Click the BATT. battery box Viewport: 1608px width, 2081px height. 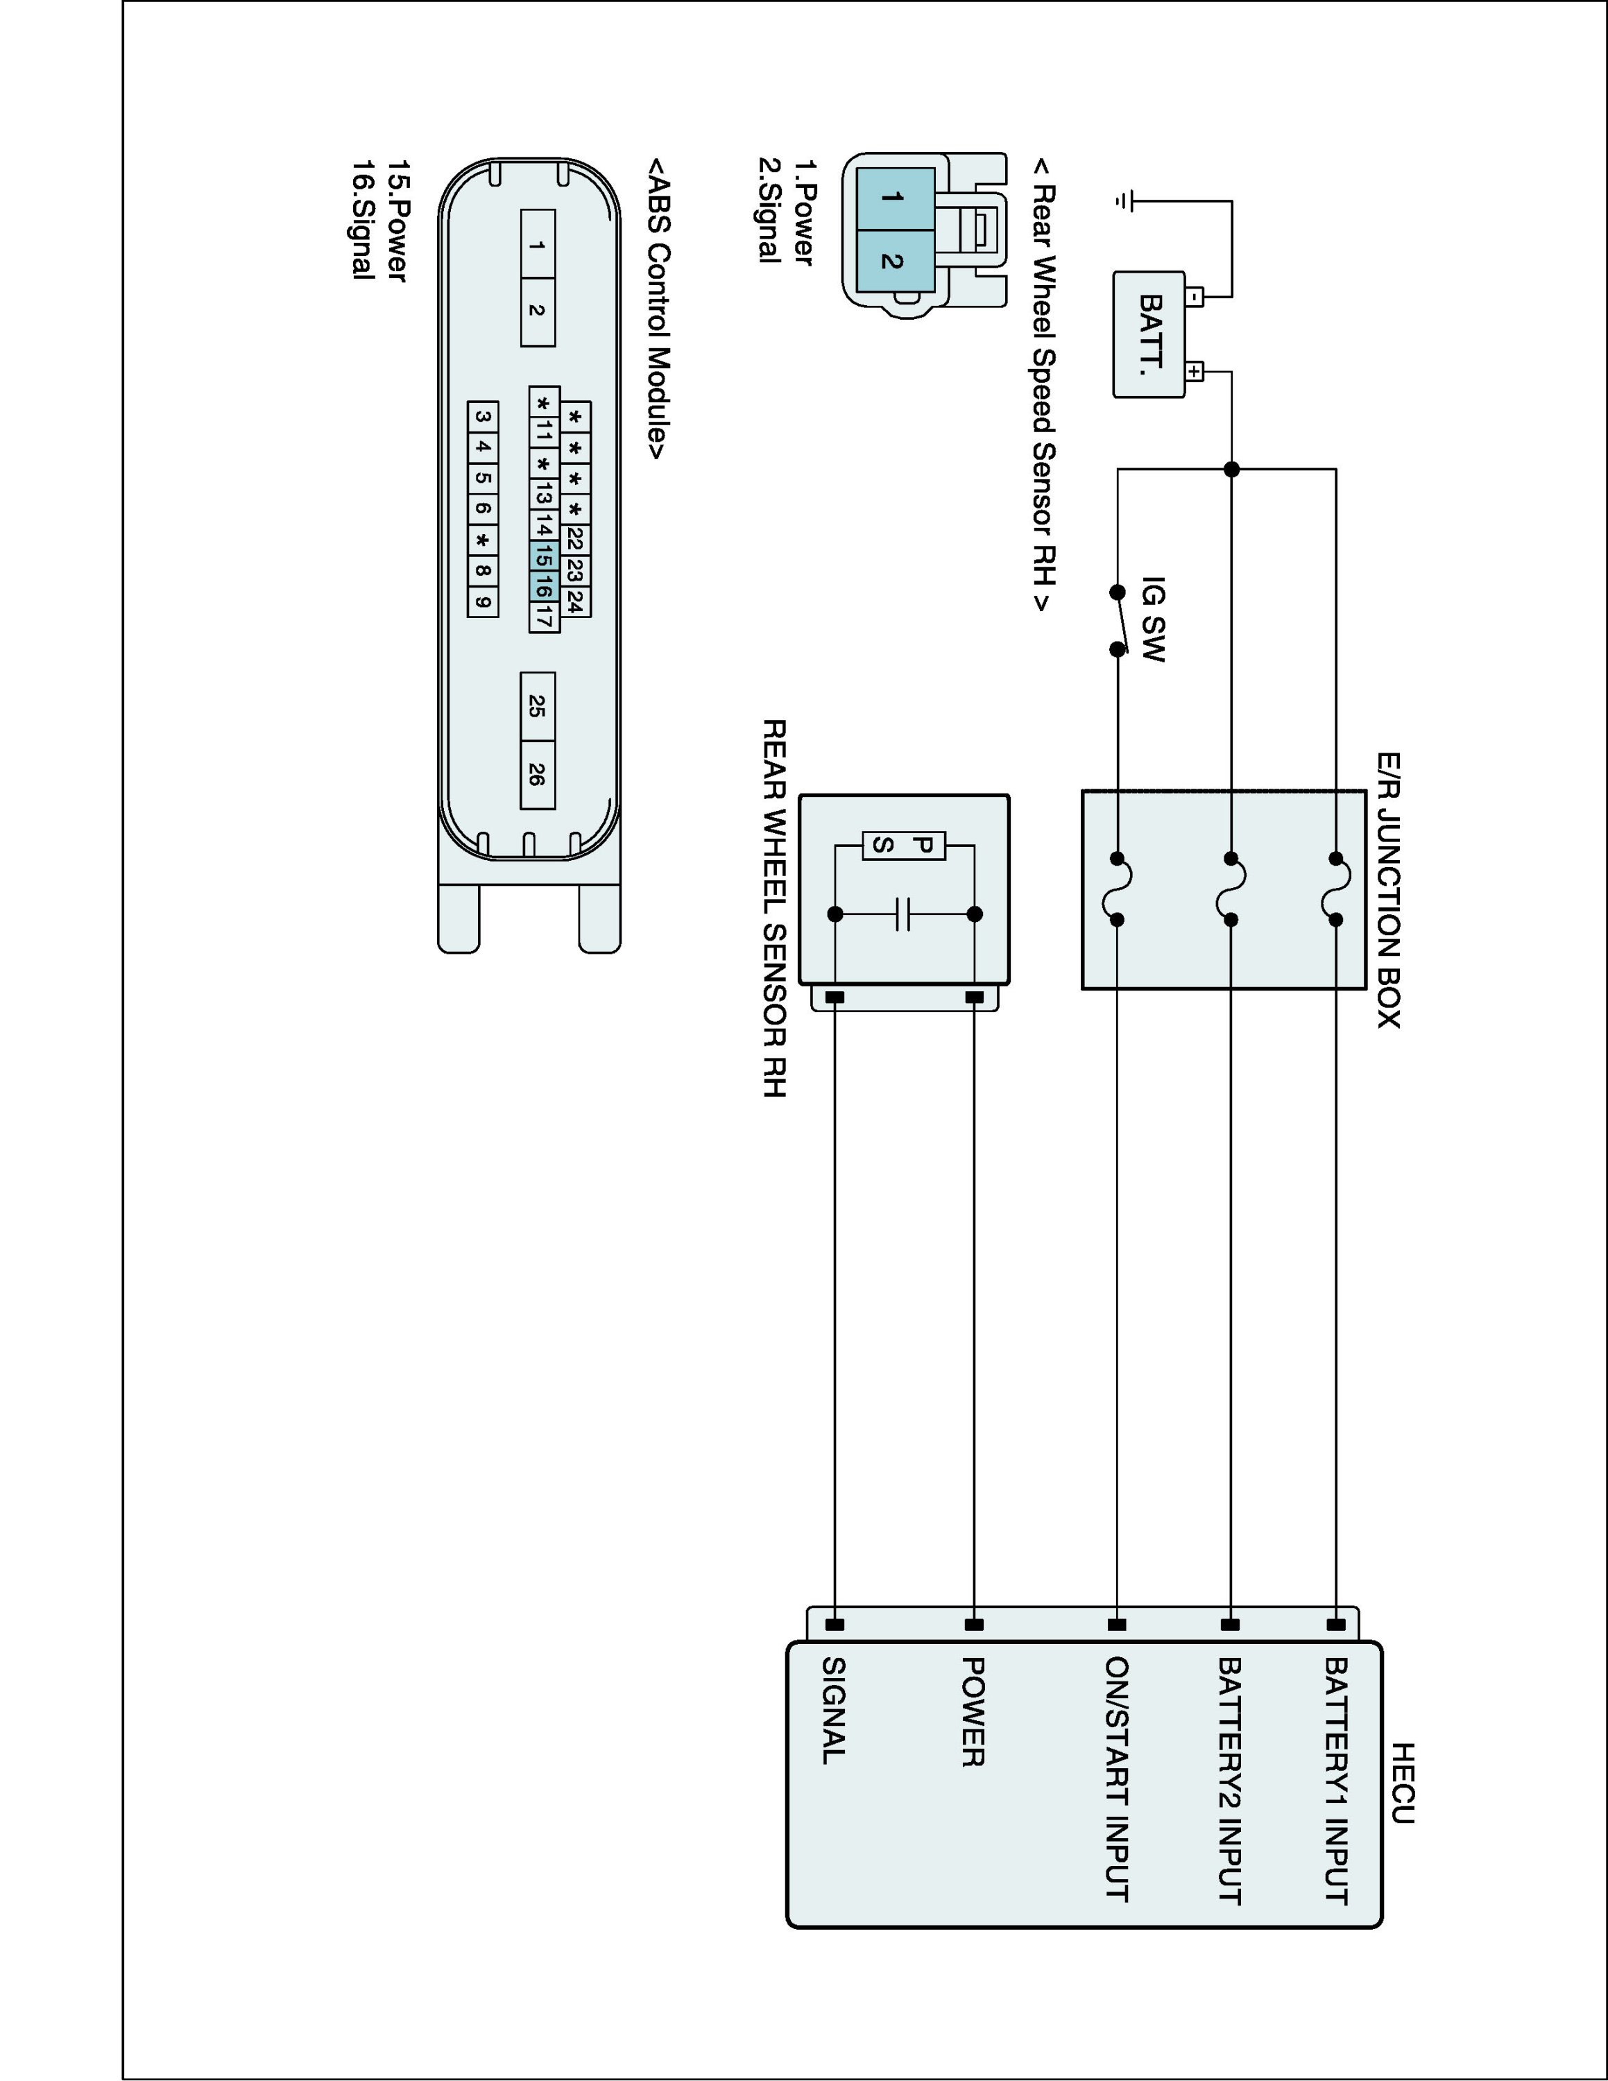click(x=1149, y=334)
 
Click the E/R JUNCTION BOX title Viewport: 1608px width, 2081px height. click(x=1388, y=890)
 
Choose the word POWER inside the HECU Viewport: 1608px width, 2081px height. click(x=973, y=1711)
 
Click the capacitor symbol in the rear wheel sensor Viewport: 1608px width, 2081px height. click(x=904, y=914)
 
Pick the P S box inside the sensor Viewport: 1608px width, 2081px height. click(x=904, y=845)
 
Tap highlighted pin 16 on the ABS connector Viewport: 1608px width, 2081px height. click(x=543, y=587)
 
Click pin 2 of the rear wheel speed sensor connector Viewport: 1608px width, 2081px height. click(x=893, y=260)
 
